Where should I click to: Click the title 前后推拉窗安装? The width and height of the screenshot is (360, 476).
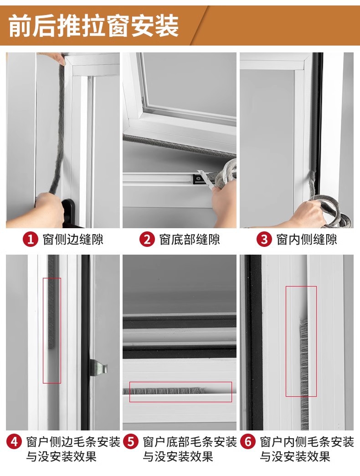(x=93, y=26)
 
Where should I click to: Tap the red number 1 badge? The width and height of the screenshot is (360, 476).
(x=31, y=240)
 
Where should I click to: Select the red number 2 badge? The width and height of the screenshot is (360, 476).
(x=147, y=240)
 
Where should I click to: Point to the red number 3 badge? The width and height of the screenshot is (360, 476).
(x=264, y=240)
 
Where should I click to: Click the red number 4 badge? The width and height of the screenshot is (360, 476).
(x=14, y=441)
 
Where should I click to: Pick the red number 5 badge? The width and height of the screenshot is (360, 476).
(x=131, y=441)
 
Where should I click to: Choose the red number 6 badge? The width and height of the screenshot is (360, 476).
(x=248, y=441)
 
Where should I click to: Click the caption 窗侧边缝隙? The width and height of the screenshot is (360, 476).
(x=73, y=240)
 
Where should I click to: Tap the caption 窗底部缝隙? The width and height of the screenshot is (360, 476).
(x=190, y=240)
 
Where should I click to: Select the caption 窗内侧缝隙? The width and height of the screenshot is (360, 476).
(x=307, y=240)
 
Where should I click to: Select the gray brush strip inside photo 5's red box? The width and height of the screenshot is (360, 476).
(x=164, y=391)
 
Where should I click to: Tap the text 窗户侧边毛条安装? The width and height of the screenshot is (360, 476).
(x=73, y=442)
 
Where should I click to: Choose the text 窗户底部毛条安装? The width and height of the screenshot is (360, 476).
(x=190, y=442)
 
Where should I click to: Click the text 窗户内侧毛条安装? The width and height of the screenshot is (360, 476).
(x=307, y=442)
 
